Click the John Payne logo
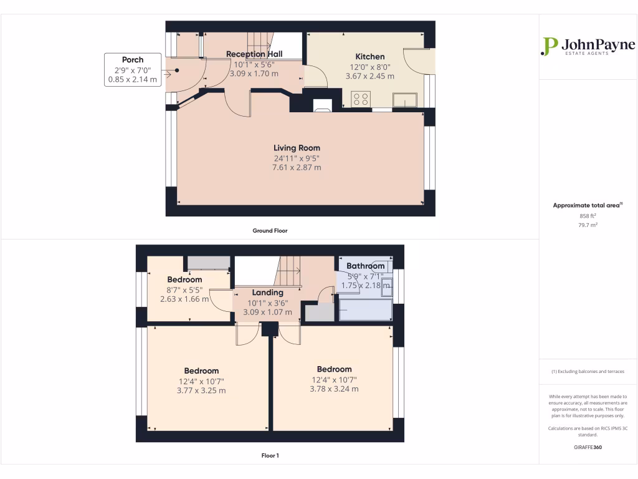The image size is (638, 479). (x=588, y=47)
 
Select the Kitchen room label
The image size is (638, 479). (x=369, y=57)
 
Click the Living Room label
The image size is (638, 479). (x=297, y=148)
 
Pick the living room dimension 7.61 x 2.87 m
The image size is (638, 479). (x=297, y=167)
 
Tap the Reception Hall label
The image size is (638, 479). (x=254, y=54)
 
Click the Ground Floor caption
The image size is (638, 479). (x=270, y=230)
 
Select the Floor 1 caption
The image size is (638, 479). (x=270, y=455)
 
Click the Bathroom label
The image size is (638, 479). (x=366, y=266)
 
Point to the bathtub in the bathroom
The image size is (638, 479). (x=365, y=309)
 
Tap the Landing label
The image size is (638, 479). (x=267, y=293)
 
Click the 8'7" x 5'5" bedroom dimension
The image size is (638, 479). (x=184, y=289)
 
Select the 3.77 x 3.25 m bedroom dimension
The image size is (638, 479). (x=201, y=390)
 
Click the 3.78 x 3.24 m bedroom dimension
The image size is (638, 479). (x=334, y=389)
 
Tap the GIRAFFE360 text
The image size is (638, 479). (x=588, y=447)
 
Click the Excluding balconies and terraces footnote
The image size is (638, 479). (x=588, y=371)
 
